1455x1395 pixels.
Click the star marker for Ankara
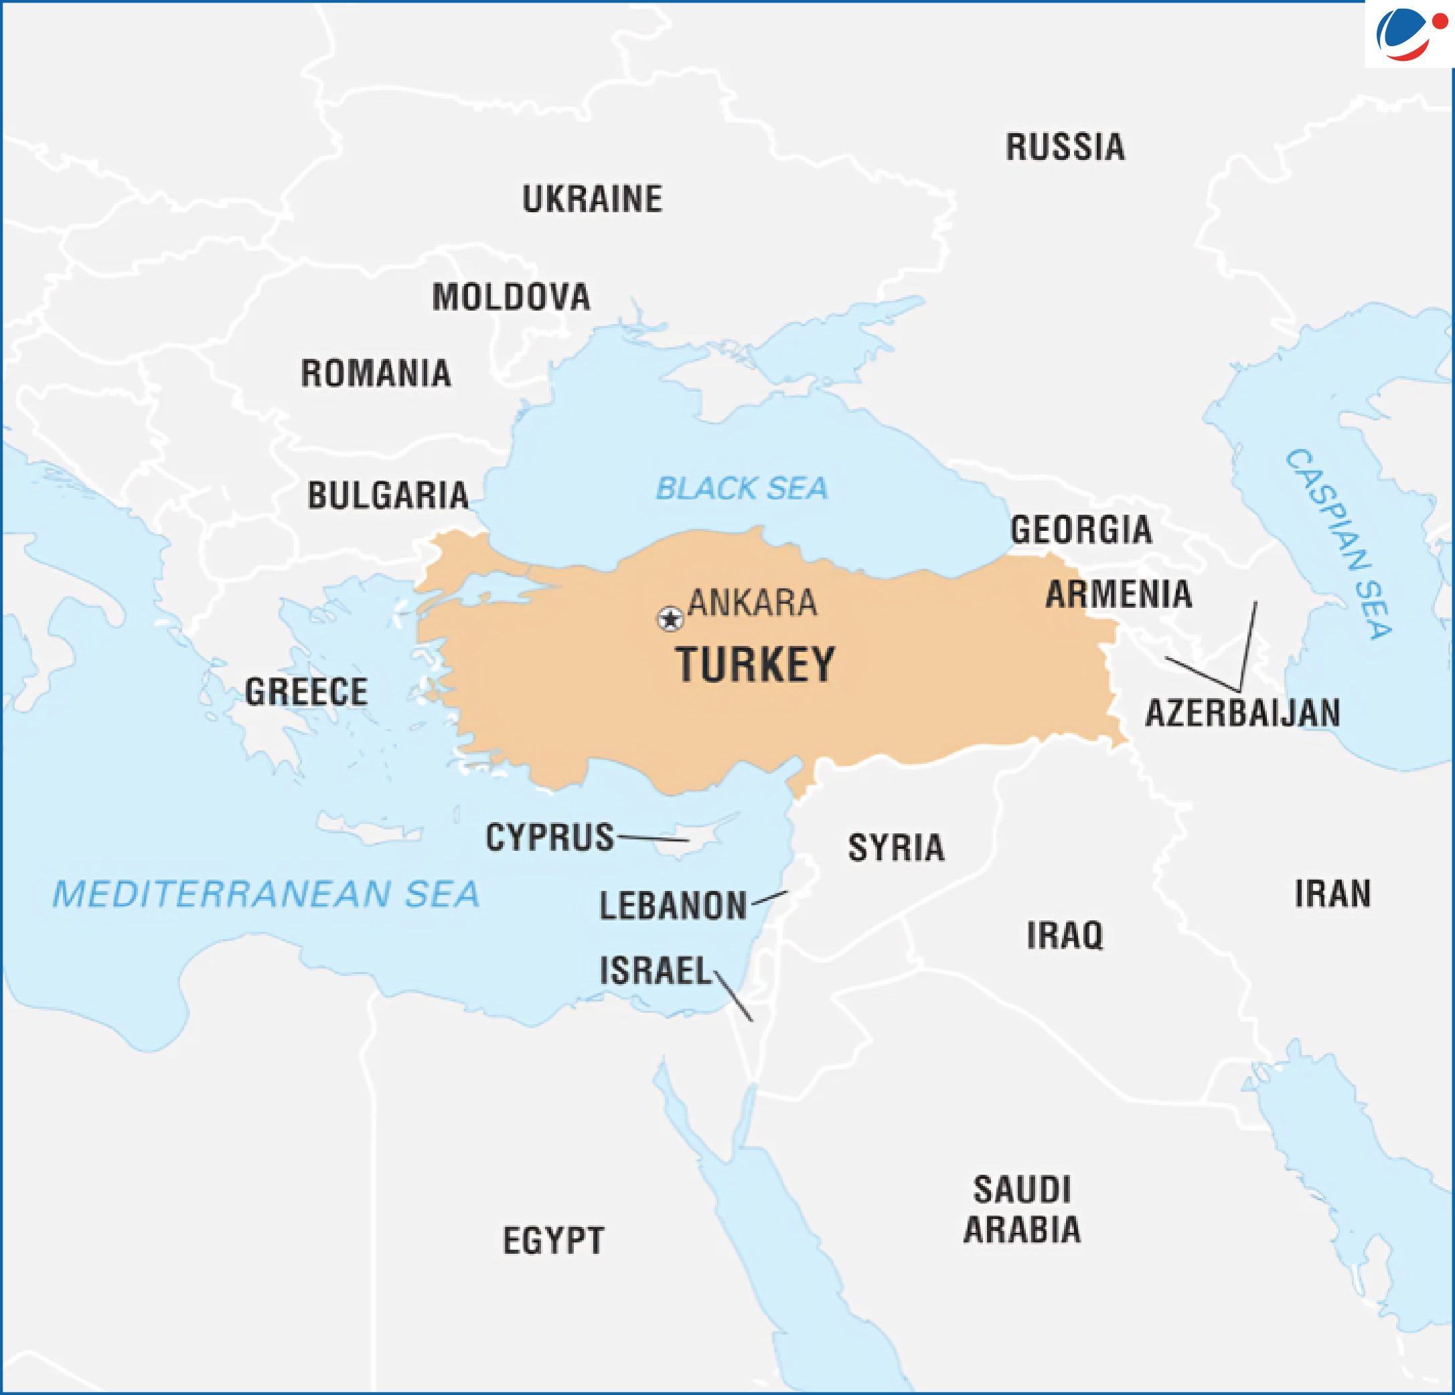coord(670,618)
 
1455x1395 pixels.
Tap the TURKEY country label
coord(755,665)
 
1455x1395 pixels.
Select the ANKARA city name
coord(752,602)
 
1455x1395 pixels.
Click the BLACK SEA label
coord(742,488)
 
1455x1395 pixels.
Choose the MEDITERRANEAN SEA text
coord(266,894)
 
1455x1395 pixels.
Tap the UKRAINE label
coord(593,199)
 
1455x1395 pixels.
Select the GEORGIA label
coord(1081,529)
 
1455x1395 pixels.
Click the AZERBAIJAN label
coord(1243,713)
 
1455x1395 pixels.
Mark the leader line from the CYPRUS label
coord(654,839)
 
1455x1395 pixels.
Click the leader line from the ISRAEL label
coord(733,997)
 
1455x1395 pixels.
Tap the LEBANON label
coord(672,906)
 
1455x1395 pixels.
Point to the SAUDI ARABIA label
coord(1022,1210)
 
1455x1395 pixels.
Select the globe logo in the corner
coord(1407,33)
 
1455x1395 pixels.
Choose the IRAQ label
coord(1065,935)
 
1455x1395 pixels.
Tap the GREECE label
coord(307,691)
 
